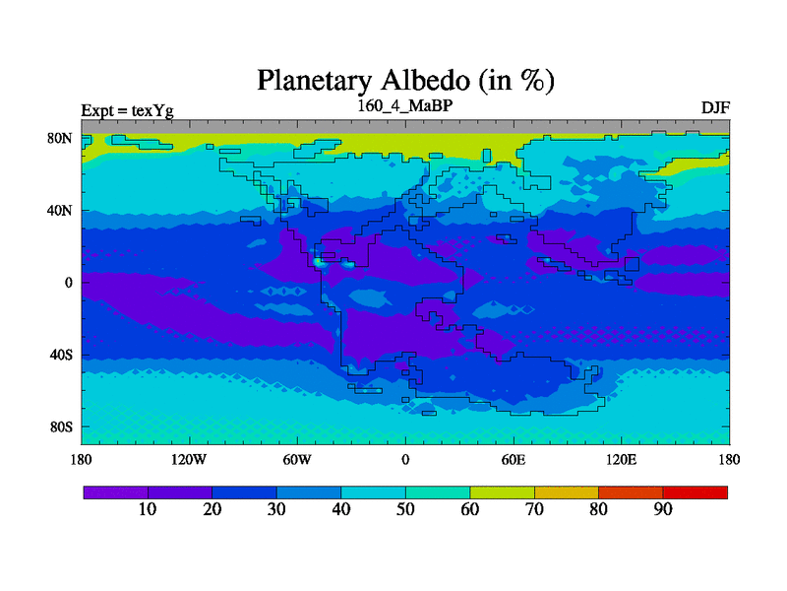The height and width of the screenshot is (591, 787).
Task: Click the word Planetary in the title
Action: [315, 82]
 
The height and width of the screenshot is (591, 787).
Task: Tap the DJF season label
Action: [715, 108]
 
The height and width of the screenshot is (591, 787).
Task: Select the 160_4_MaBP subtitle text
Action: [405, 106]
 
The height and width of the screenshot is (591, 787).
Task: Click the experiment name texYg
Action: [152, 110]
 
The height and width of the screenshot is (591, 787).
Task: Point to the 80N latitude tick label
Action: [60, 138]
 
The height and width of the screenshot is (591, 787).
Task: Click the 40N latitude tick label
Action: [60, 210]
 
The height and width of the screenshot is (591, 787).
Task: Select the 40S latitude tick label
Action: [61, 355]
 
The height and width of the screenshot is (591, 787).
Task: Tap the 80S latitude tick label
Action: [61, 427]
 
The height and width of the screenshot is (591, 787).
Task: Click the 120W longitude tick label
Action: [189, 460]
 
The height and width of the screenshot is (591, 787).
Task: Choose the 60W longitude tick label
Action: [297, 460]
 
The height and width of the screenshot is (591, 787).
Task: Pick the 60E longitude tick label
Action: [514, 460]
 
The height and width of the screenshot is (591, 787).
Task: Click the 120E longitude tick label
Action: [622, 460]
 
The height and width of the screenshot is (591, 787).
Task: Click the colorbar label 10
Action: [148, 509]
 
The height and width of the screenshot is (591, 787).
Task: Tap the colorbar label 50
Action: [405, 509]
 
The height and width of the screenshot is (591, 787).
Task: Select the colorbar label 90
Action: [663, 509]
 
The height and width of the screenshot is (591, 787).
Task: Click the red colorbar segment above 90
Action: [696, 492]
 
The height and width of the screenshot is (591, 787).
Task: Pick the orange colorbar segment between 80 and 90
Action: [631, 492]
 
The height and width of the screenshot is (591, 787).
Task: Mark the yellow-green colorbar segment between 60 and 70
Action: [503, 492]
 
